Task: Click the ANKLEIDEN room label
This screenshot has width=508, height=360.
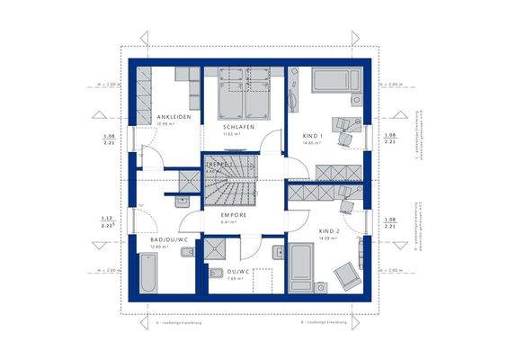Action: coord(173,118)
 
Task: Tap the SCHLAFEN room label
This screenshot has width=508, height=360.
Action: coord(238,128)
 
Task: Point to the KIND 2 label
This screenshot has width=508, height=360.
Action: coord(329,230)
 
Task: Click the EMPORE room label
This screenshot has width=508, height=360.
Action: coord(234,216)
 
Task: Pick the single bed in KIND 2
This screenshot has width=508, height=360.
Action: coord(301,266)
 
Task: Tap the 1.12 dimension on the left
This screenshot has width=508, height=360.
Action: coord(106,219)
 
